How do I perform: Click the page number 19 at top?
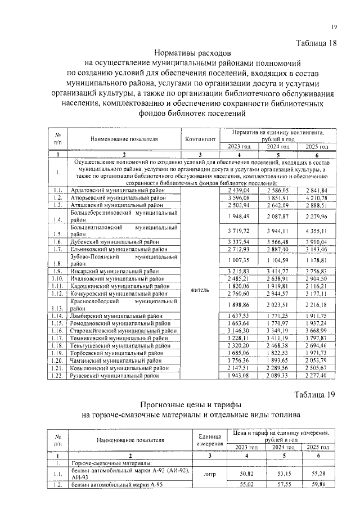point(334,27)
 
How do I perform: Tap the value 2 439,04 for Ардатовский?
point(239,191)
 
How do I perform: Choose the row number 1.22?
point(58,375)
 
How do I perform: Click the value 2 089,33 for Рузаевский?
point(277,375)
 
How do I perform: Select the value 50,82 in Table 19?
point(246,474)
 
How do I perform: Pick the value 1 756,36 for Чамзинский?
point(239,360)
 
